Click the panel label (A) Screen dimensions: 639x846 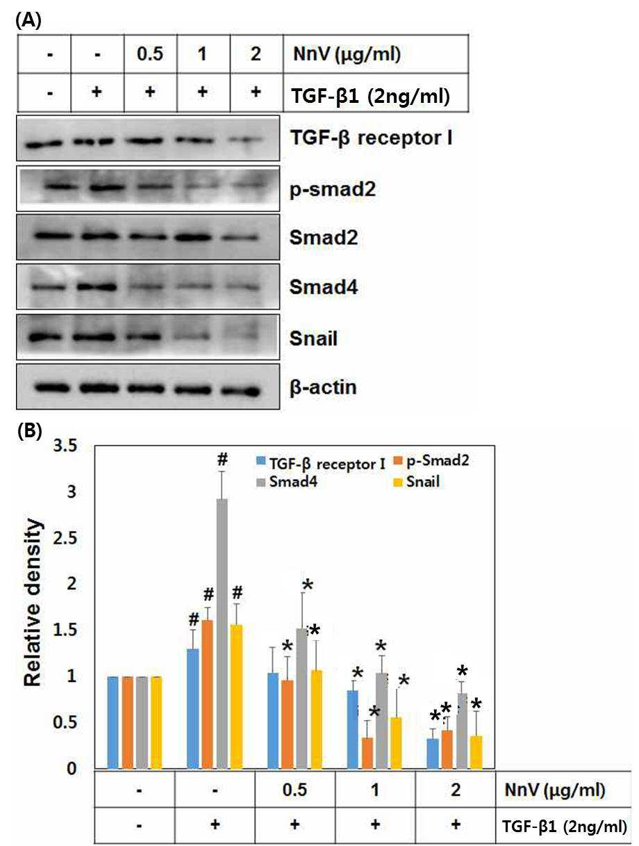[28, 19]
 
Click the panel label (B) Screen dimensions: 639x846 [29, 431]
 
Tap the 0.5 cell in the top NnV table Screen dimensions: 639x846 [150, 54]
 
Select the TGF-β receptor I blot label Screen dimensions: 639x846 [372, 138]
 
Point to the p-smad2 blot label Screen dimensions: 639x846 [333, 189]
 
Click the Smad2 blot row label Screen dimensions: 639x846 [324, 238]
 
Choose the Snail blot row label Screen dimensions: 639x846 [313, 339]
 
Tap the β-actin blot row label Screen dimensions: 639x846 [323, 387]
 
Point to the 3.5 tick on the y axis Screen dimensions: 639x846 [65, 446]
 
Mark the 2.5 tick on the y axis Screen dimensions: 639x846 [65, 539]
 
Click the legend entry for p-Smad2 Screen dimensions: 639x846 [431, 461]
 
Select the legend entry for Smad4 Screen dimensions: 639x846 [287, 482]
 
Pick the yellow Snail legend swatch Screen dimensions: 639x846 [398, 482]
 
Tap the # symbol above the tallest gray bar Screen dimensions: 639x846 [222, 459]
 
